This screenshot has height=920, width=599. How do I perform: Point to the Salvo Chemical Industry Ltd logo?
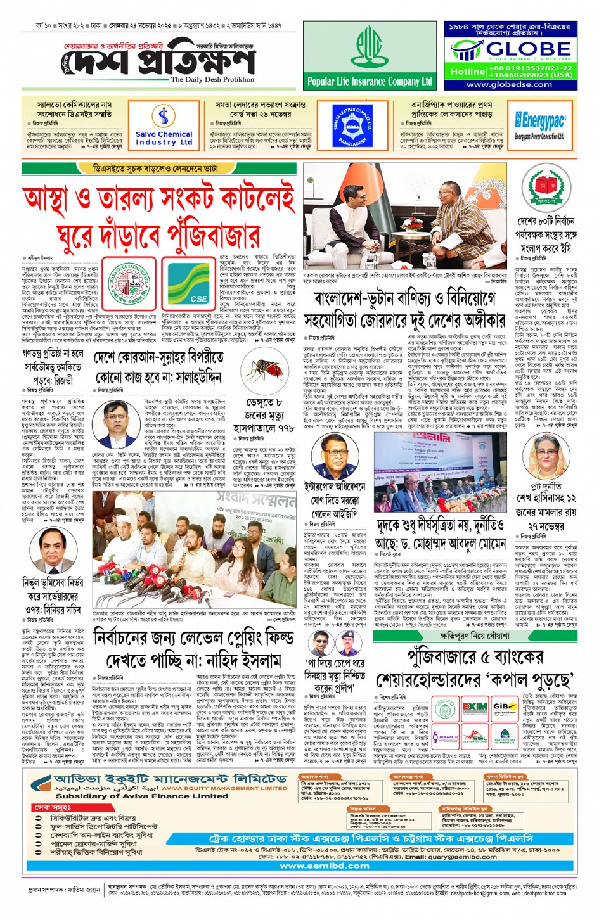coord(164,125)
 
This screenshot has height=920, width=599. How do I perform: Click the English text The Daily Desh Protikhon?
coord(212,80)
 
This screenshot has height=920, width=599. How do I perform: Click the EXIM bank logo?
coord(474,707)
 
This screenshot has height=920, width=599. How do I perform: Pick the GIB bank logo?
coord(505,707)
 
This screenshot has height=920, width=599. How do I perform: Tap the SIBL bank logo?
coord(475,738)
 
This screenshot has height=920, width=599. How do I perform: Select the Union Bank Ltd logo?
coord(445,738)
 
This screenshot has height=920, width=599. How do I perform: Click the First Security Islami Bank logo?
coord(505,738)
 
